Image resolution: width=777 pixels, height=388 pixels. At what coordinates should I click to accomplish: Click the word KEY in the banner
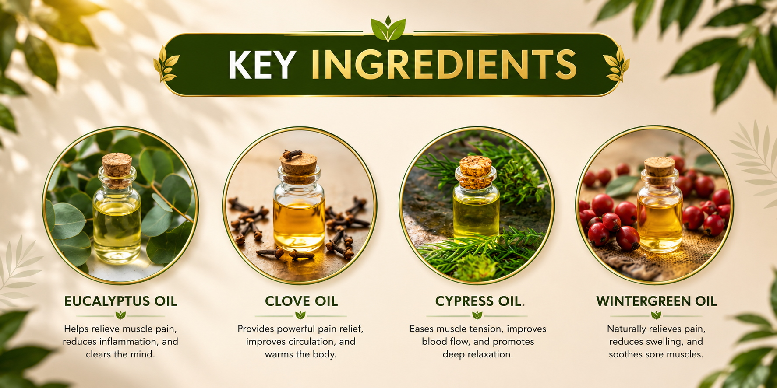tap(262, 65)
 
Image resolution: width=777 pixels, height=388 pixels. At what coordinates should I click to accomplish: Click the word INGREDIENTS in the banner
tap(444, 65)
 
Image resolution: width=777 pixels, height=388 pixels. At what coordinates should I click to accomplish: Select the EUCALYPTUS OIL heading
tap(120, 301)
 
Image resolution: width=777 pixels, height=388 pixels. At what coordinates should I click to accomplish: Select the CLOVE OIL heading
tap(301, 301)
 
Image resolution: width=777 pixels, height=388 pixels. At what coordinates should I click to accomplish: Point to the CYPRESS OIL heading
tap(480, 301)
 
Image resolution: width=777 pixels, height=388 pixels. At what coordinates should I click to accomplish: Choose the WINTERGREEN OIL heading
tap(656, 301)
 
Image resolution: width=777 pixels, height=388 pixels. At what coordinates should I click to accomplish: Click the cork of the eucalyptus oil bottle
tap(117, 165)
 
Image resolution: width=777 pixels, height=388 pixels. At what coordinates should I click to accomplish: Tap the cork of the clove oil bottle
tap(299, 164)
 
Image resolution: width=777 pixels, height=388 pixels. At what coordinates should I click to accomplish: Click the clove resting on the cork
tap(292, 154)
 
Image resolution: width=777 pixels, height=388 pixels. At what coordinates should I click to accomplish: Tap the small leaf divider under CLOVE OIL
tap(300, 315)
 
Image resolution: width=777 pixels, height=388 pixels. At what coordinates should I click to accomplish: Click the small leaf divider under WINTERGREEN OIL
tap(656, 315)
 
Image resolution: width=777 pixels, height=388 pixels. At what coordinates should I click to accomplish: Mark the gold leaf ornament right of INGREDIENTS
tap(617, 64)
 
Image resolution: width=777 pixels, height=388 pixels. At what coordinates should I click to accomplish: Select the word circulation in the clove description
tap(309, 341)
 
